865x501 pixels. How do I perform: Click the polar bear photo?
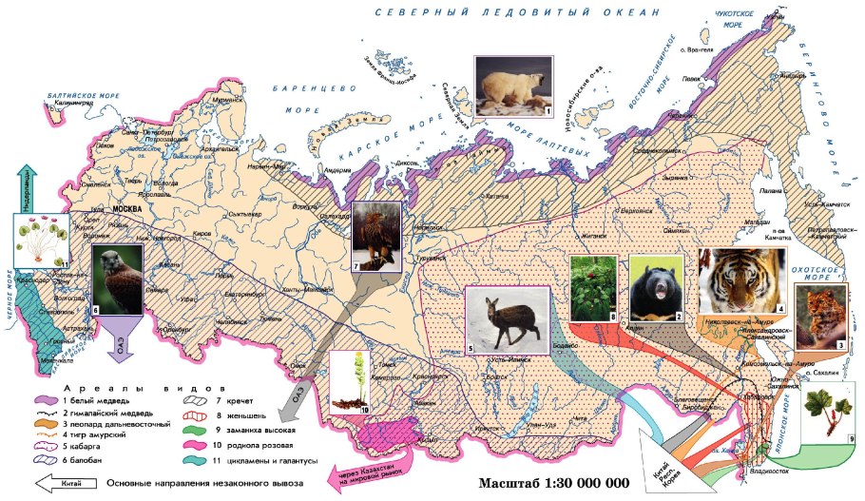coord(514,87)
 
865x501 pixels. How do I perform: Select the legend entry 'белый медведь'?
coord(96,402)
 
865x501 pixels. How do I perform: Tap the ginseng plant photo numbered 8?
coord(593,287)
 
